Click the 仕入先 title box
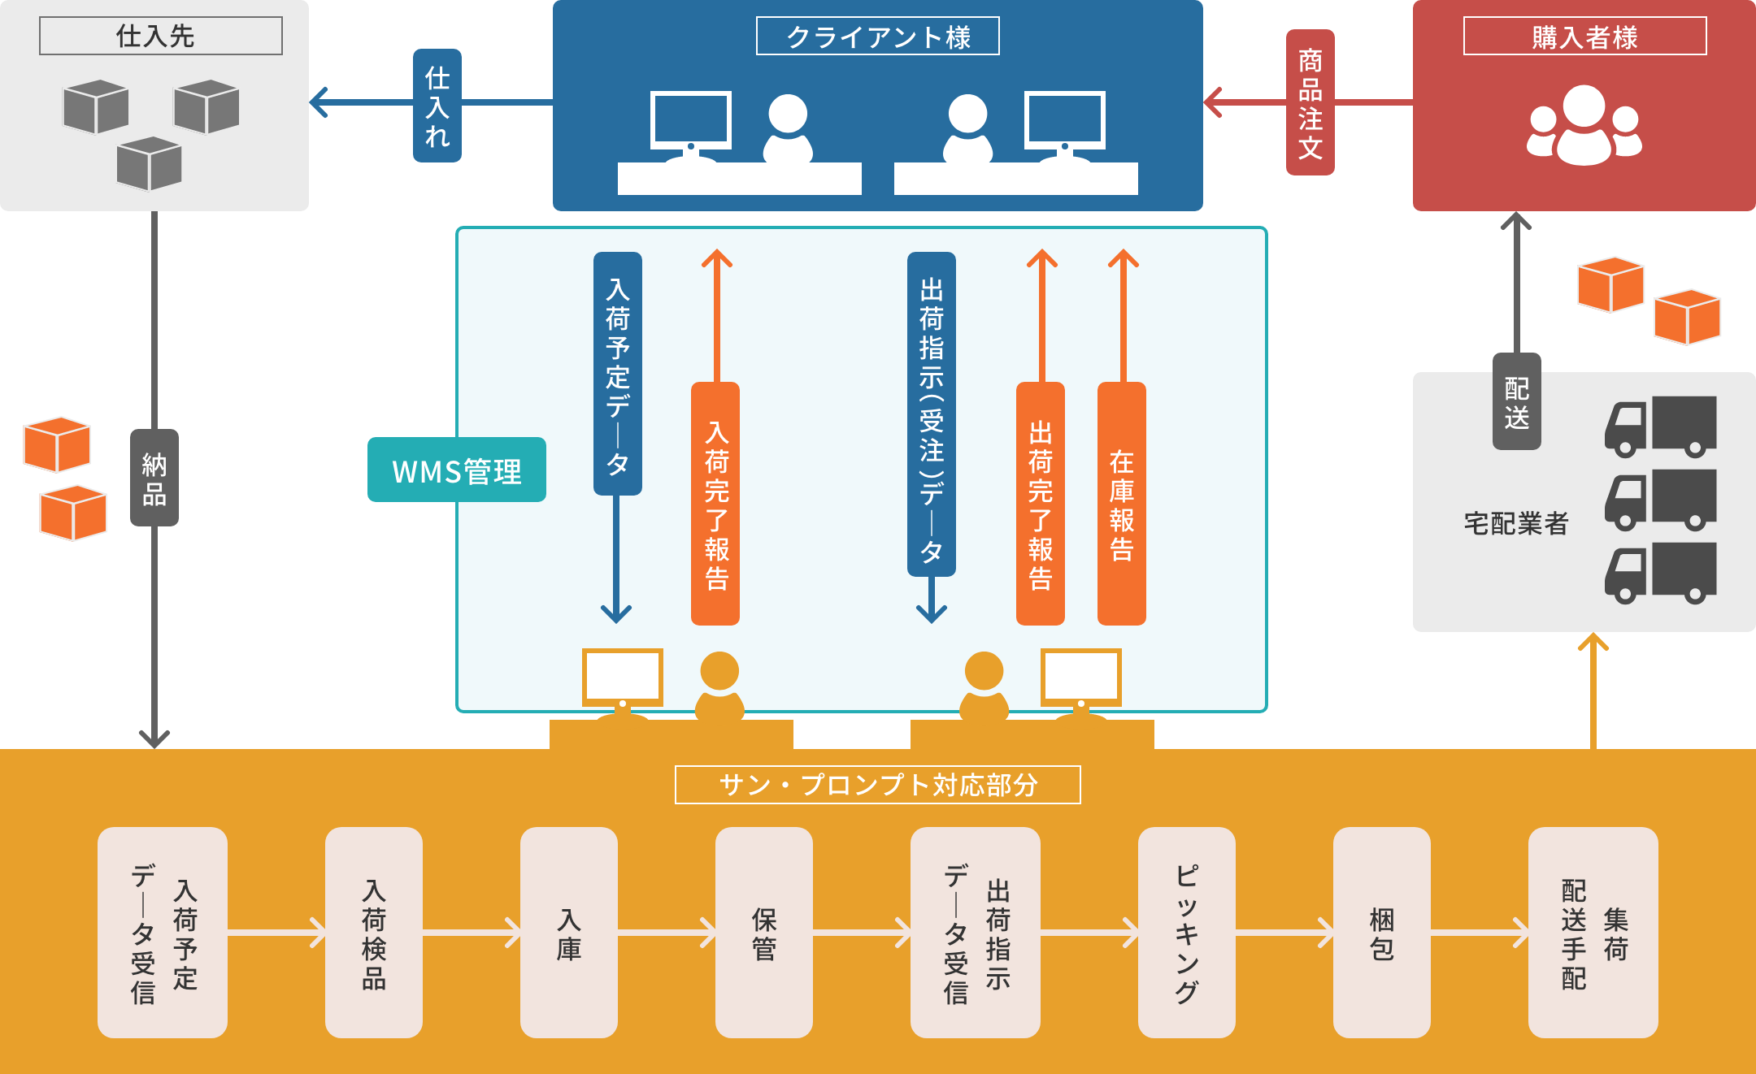pyautogui.click(x=161, y=36)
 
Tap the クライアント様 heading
pyautogui.click(x=877, y=37)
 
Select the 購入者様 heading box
pyautogui.click(x=1584, y=37)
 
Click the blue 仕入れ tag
pyautogui.click(x=437, y=106)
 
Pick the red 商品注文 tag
pyautogui.click(x=1310, y=102)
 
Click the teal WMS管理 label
pyautogui.click(x=456, y=470)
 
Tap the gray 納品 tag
pyautogui.click(x=154, y=478)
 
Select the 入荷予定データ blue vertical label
pyautogui.click(x=618, y=374)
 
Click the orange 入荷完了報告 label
pyautogui.click(x=715, y=504)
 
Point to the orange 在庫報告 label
pyautogui.click(x=1122, y=504)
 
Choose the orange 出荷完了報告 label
pyautogui.click(x=1041, y=504)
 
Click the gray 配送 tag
pyautogui.click(x=1516, y=401)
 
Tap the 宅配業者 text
pyautogui.click(x=1515, y=523)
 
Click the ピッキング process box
pyautogui.click(x=1186, y=932)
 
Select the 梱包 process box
pyautogui.click(x=1381, y=932)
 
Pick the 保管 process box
pyautogui.click(x=763, y=932)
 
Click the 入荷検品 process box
pyautogui.click(x=373, y=932)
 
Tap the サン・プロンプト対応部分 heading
pyautogui.click(x=877, y=785)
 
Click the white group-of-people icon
pyautogui.click(x=1584, y=126)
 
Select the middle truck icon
pyautogui.click(x=1660, y=500)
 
